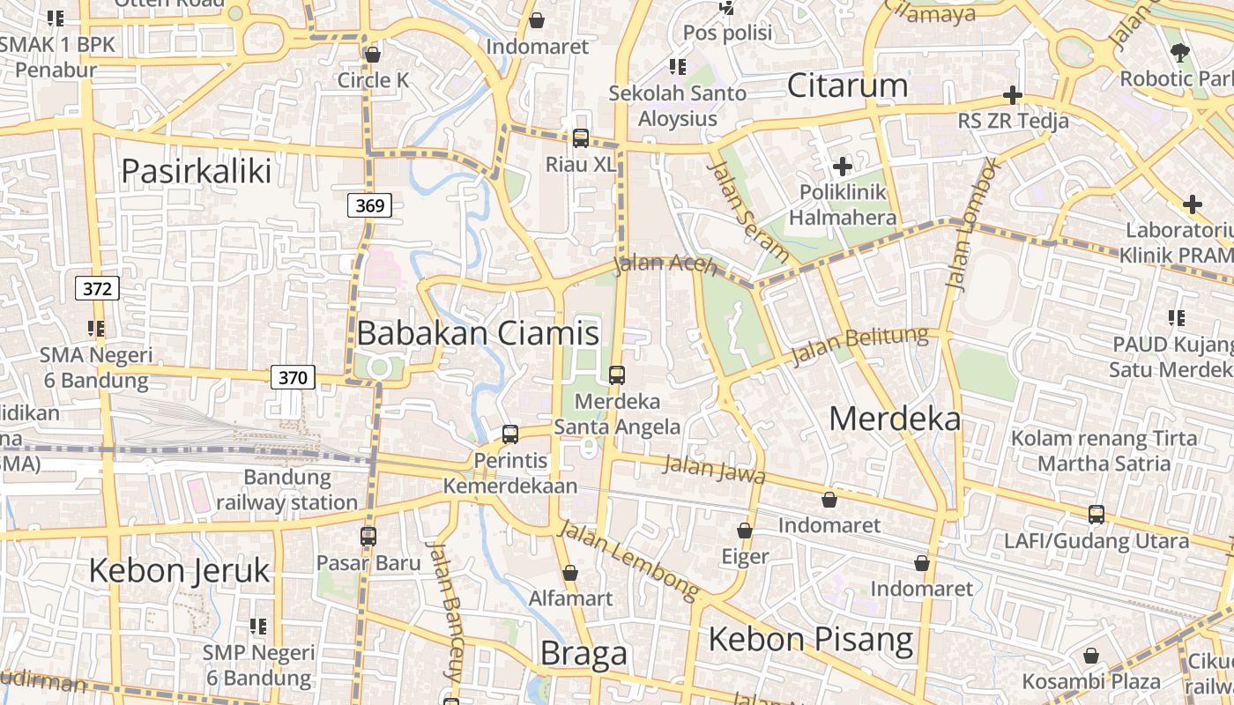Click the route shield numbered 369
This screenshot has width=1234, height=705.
[x=370, y=206]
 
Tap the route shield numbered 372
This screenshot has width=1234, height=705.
[x=97, y=288]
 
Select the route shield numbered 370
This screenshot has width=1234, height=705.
[x=292, y=378]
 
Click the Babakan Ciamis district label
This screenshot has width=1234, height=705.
[x=478, y=333]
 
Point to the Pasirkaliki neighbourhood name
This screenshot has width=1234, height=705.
[x=196, y=171]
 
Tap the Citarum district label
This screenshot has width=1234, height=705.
[x=846, y=85]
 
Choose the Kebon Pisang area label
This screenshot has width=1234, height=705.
[x=810, y=639]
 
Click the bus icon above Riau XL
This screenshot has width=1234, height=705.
[x=580, y=137]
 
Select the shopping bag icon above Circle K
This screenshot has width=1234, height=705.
[x=373, y=55]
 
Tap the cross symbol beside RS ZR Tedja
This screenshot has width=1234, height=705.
[x=1013, y=95]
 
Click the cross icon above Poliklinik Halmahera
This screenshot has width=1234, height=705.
[x=842, y=166]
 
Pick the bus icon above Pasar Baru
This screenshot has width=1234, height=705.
[x=368, y=536]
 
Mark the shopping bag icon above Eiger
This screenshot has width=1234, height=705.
[x=745, y=531]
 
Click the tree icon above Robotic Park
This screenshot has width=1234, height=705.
[x=1179, y=53]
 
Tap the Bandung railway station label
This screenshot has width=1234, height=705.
[x=287, y=490]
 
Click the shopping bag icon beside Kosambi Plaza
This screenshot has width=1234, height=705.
[x=1091, y=656]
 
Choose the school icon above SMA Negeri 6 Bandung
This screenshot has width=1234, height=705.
[x=96, y=329]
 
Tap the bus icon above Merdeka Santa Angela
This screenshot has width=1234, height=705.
[x=616, y=375]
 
